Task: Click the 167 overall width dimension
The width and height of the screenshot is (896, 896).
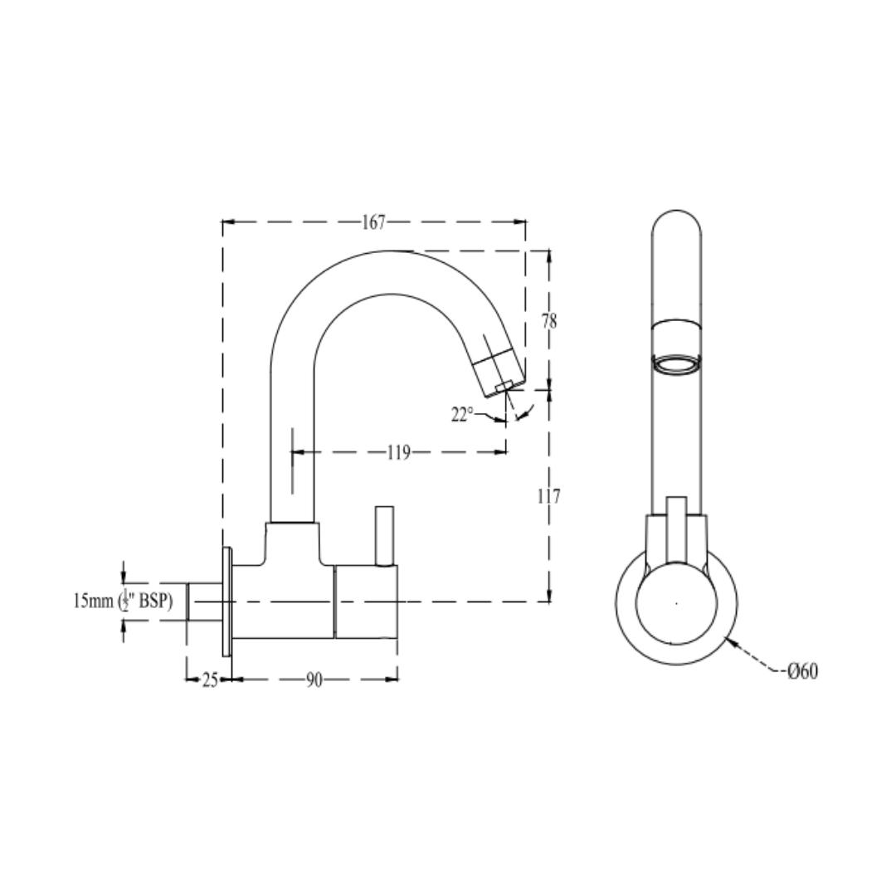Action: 374,222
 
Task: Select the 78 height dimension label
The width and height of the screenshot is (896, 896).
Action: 549,321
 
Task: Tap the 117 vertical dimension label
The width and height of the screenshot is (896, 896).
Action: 548,496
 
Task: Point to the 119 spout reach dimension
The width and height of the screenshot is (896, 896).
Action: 398,453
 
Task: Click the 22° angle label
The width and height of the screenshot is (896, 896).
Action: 462,415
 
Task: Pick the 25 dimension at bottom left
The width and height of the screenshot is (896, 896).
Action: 210,680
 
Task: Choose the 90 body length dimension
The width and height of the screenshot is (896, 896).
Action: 314,680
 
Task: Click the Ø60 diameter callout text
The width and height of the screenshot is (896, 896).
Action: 802,671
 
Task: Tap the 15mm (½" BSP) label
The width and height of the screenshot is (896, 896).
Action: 123,601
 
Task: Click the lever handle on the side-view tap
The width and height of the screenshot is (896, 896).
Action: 385,536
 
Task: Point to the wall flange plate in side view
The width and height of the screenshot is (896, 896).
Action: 226,601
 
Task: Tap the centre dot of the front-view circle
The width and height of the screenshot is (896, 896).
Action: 676,603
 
